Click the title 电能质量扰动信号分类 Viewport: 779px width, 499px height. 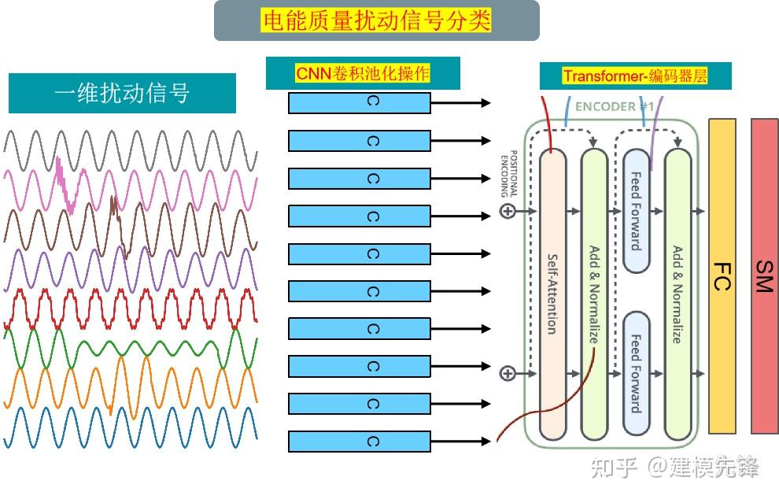click(x=376, y=20)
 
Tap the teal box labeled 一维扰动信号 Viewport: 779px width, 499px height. click(x=122, y=94)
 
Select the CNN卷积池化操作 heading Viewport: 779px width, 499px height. click(x=363, y=74)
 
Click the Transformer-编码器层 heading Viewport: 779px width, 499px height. click(x=635, y=76)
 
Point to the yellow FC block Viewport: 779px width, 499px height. click(x=722, y=276)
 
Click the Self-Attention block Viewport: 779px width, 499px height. click(x=552, y=293)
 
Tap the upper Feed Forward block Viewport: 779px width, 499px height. click(x=636, y=211)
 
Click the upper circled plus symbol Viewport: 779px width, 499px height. click(x=508, y=211)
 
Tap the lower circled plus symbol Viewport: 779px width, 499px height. click(x=508, y=373)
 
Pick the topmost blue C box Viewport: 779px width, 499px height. click(x=360, y=103)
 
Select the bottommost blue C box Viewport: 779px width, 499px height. click(x=360, y=442)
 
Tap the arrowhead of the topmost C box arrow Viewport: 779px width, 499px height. click(x=485, y=103)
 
